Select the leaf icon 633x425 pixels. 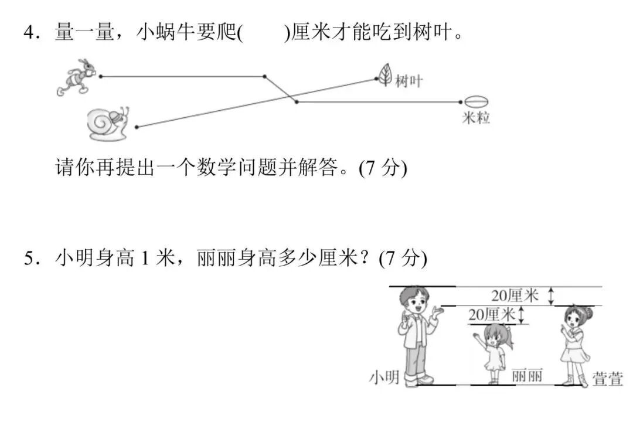[385, 74]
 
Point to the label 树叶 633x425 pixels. [409, 81]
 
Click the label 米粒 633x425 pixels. [476, 118]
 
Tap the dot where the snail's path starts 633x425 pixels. [137, 127]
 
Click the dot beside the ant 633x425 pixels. [101, 76]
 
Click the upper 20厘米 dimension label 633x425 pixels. [515, 295]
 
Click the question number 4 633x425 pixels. [29, 33]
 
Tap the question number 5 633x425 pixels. [29, 258]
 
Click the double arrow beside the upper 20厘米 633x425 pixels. [550, 296]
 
